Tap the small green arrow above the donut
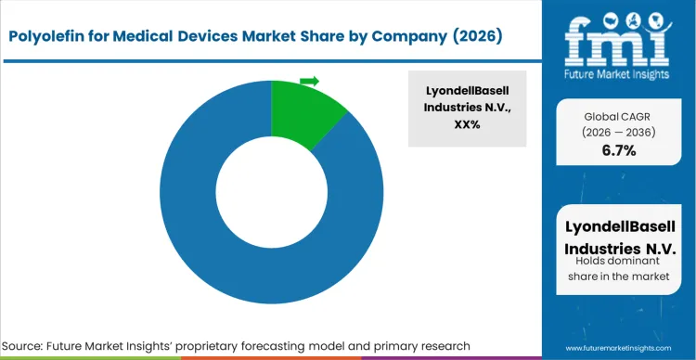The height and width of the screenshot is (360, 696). coord(310,82)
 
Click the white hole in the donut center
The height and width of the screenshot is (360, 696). coord(271,192)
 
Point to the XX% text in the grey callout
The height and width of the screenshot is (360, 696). coord(467,124)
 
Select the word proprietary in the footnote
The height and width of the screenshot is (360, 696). coord(254,345)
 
